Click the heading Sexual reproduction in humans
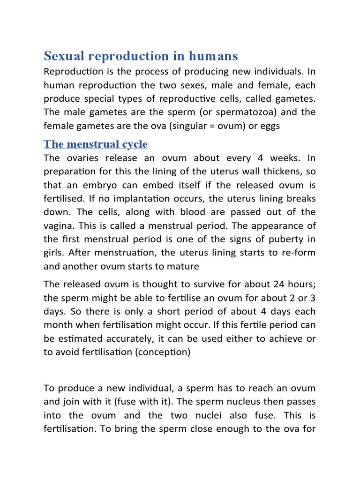[141, 56]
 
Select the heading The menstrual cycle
[96, 144]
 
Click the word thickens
[279, 172]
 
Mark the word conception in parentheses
[163, 352]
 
